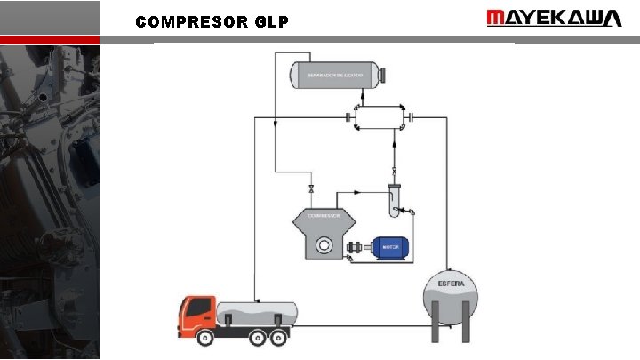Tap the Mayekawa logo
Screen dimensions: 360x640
coord(554,19)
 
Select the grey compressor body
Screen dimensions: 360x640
coord(324,233)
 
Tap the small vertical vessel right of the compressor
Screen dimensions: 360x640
coord(394,202)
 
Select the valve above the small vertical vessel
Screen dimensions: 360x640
coord(394,171)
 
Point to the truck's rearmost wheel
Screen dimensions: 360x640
coord(282,338)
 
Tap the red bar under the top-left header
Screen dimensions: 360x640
coord(50,40)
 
